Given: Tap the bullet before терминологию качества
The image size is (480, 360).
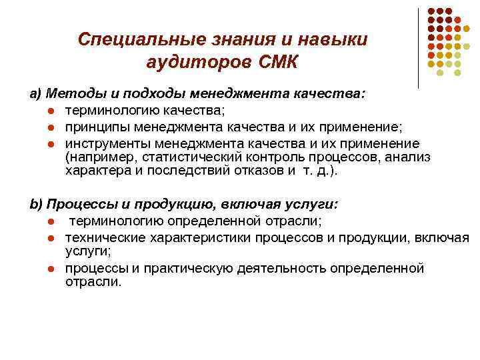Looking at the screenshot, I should (51, 110).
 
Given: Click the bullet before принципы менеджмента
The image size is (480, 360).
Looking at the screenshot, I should (51, 127).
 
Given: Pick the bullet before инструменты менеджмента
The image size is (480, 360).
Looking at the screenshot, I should (51, 143).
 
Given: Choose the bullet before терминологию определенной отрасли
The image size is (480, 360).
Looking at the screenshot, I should (51, 221).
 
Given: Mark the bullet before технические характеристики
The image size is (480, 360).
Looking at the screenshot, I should (51, 237).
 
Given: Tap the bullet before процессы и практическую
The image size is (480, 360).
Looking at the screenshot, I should (51, 269).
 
